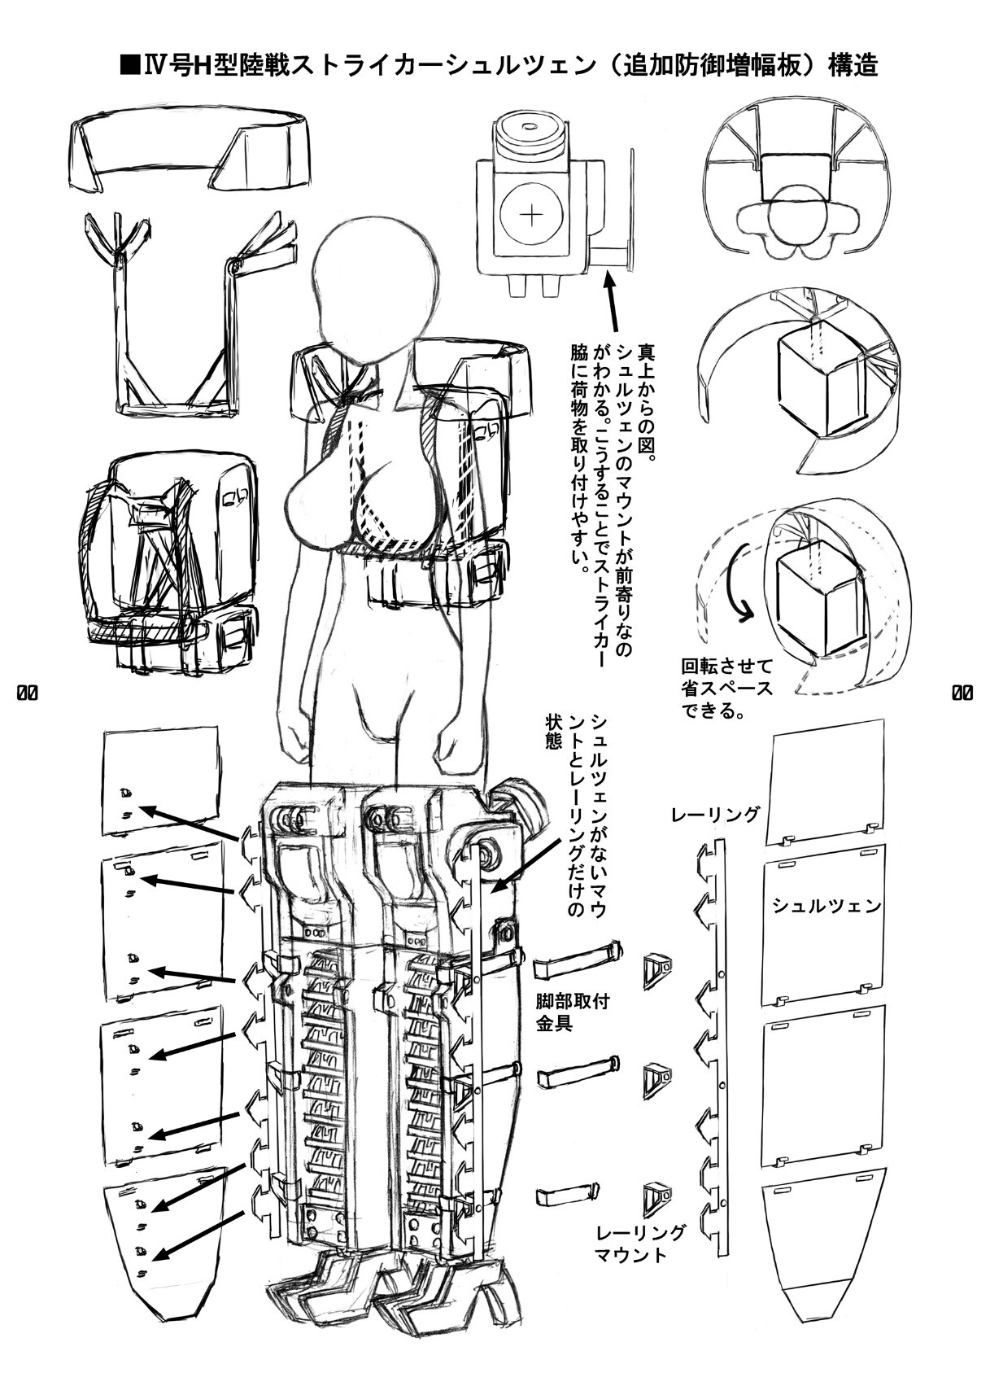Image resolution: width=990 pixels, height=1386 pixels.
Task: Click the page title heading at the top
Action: tap(498, 64)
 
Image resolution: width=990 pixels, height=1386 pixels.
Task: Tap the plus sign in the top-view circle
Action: tap(531, 215)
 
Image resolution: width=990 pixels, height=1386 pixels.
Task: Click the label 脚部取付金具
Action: tap(562, 1012)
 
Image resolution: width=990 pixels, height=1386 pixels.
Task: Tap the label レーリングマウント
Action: tap(640, 1244)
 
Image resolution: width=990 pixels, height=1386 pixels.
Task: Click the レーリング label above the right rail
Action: tap(716, 814)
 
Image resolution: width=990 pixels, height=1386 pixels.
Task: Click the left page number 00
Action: tap(27, 693)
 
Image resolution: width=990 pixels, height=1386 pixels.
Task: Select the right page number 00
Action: tap(962, 693)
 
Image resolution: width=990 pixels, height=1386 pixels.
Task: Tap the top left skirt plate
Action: tap(160, 780)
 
